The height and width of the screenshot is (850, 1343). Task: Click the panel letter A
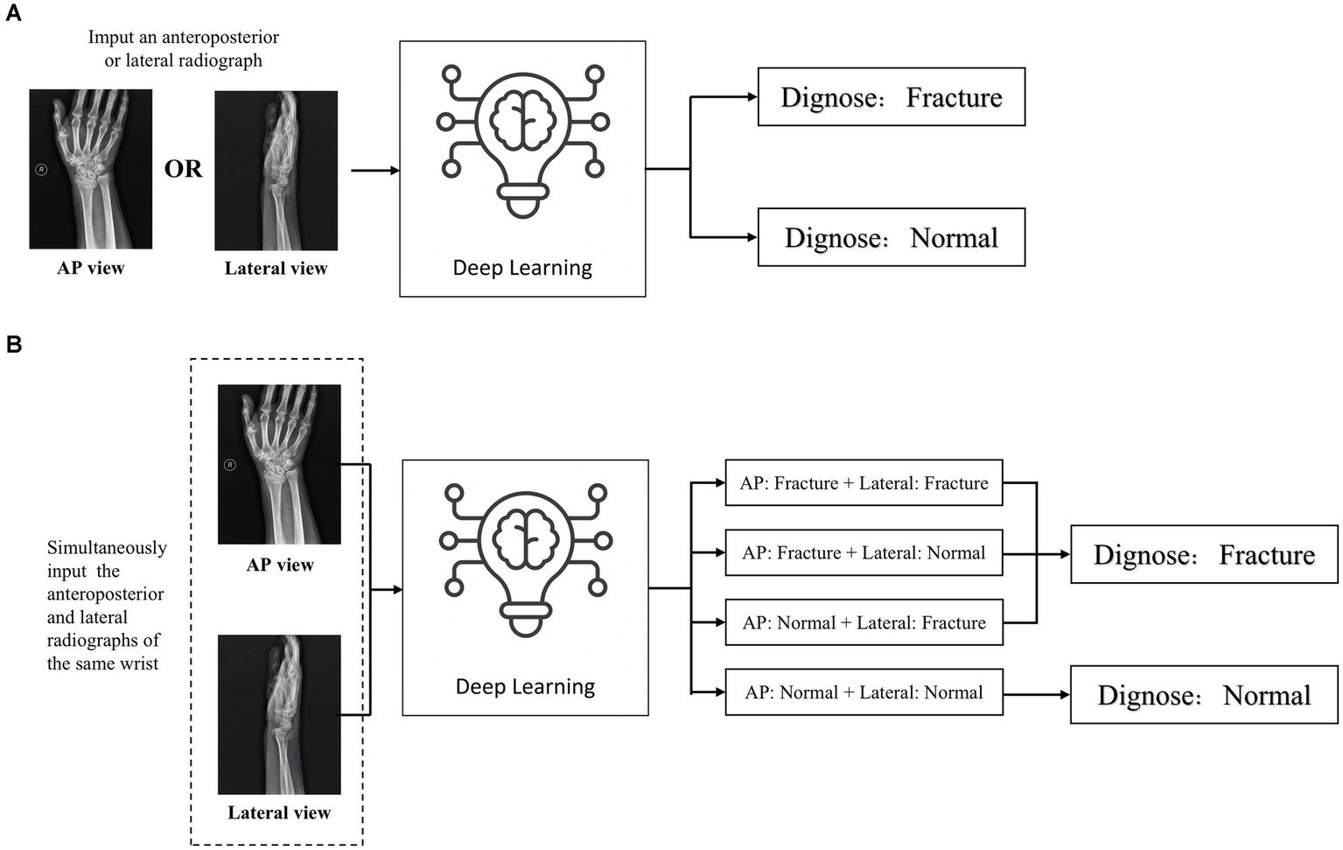tap(13, 13)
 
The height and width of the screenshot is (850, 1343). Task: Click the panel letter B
tap(13, 344)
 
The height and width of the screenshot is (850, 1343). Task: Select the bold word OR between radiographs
tap(183, 169)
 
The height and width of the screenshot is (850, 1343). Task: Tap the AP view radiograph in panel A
tap(90, 169)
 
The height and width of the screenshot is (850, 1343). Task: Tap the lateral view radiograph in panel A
tap(276, 171)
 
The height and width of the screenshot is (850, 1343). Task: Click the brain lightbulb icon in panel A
tap(522, 140)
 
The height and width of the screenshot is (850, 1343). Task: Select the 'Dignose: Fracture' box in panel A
tap(891, 97)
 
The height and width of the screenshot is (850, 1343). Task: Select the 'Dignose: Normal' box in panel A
tap(891, 237)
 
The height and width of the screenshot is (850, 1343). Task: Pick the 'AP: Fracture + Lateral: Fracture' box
tap(864, 483)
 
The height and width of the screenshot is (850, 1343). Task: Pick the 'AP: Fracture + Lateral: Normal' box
tap(864, 552)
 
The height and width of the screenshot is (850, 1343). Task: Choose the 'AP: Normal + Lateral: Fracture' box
tap(864, 622)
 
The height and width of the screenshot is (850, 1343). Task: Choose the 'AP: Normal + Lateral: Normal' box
tap(864, 692)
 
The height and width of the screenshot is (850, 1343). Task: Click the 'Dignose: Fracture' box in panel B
tap(1204, 555)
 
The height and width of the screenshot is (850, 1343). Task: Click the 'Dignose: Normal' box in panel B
tap(1204, 695)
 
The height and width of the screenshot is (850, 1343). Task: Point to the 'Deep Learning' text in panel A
tap(522, 268)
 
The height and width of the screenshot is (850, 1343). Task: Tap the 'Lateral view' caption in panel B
tap(279, 813)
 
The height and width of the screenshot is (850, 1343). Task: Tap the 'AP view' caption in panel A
tap(90, 269)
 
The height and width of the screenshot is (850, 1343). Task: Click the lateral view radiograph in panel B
tap(279, 714)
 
